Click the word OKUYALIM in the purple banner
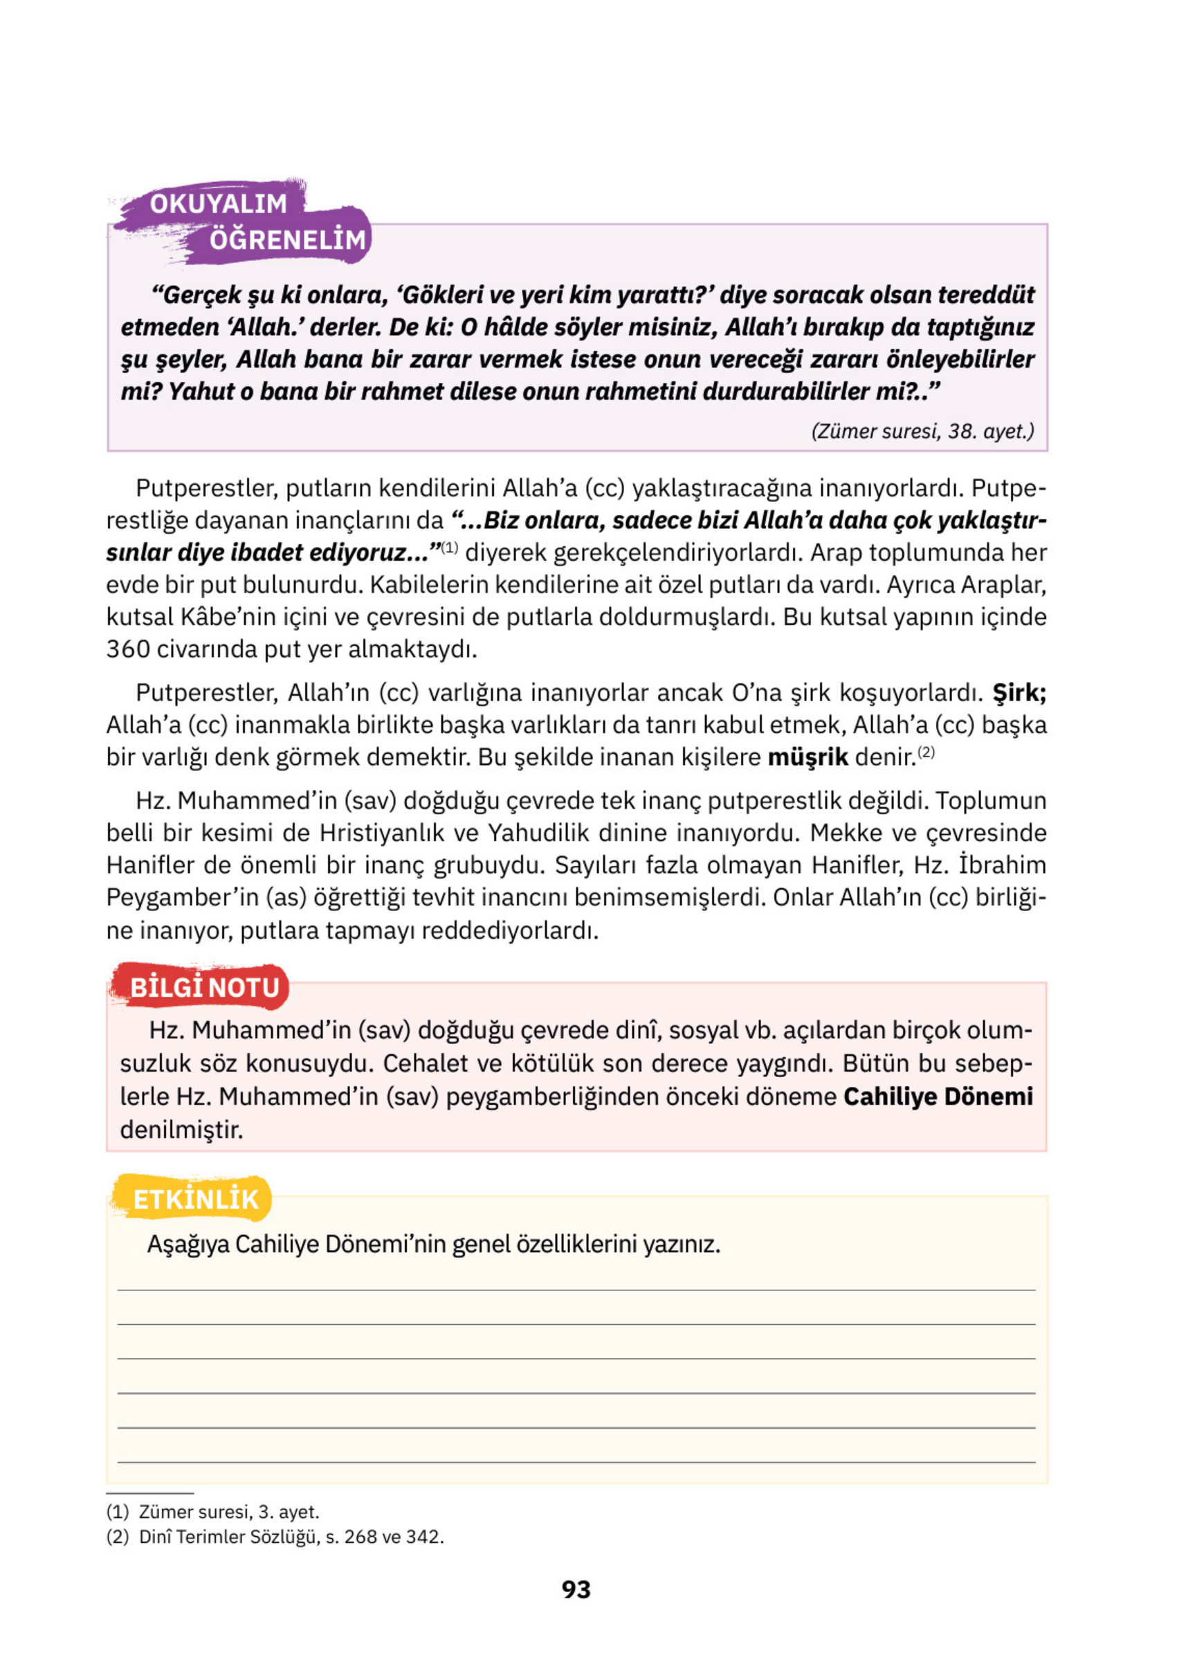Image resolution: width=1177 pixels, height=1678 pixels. click(x=219, y=204)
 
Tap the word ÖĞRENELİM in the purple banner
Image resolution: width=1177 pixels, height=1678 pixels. click(x=287, y=240)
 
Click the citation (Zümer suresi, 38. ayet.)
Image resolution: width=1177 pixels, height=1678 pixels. click(x=922, y=431)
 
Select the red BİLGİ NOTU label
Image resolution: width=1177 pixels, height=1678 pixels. click(x=204, y=988)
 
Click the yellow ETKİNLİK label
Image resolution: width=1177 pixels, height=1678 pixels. click(x=195, y=1199)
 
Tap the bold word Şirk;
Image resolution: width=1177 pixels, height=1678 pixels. click(x=1019, y=692)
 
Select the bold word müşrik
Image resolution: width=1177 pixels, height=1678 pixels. click(x=808, y=757)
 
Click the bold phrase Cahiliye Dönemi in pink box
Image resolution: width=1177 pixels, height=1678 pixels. click(x=938, y=1097)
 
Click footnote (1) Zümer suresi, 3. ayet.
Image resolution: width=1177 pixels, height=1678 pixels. click(x=212, y=1511)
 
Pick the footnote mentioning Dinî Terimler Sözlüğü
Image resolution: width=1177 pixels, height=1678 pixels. click(x=275, y=1536)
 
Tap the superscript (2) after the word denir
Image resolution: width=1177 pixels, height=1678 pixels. click(x=926, y=751)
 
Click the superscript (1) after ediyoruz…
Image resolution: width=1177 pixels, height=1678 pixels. click(x=449, y=547)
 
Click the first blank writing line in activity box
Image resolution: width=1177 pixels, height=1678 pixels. click(x=576, y=1290)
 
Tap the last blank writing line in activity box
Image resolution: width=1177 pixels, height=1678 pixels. click(x=576, y=1463)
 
